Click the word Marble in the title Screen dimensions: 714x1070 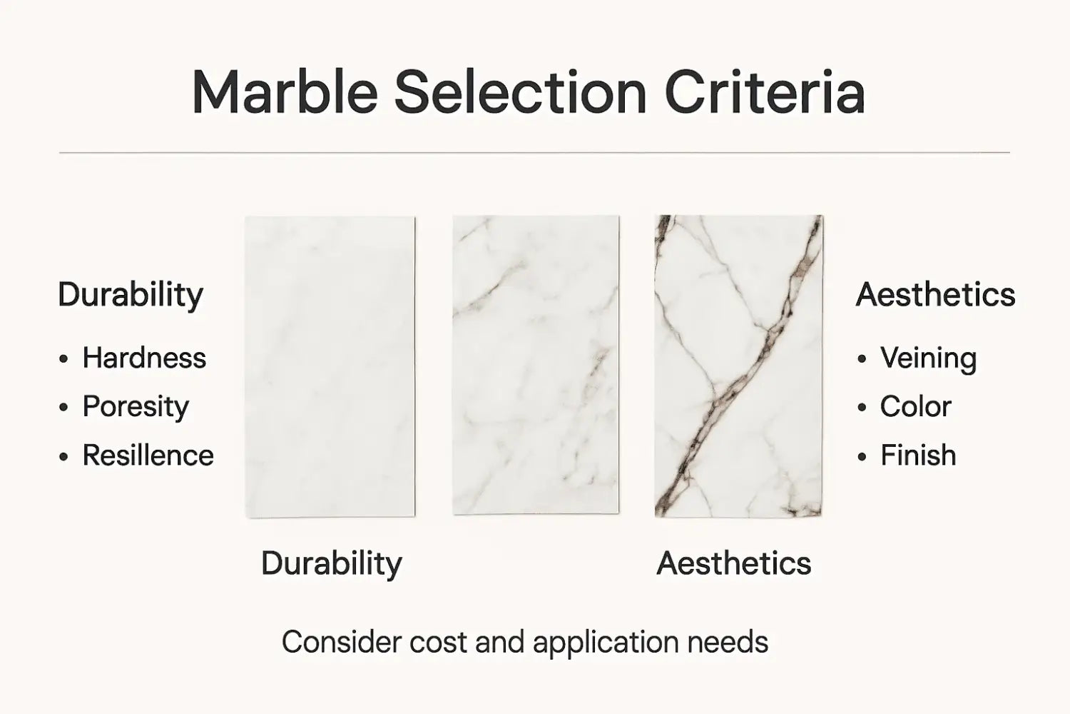(284, 93)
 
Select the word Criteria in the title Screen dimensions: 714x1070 (765, 93)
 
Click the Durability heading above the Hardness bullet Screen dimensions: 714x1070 (131, 295)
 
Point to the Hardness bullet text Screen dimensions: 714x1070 (144, 358)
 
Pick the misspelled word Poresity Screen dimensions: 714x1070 (136, 407)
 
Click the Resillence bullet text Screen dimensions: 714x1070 (148, 456)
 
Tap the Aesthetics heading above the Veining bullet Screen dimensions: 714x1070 (935, 295)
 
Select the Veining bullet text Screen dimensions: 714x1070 (928, 358)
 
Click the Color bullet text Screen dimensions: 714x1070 (915, 407)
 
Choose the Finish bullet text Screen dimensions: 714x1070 (918, 456)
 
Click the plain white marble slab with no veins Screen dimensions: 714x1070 (330, 366)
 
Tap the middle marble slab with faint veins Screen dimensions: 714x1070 (536, 365)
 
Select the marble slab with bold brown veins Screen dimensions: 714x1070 (739, 366)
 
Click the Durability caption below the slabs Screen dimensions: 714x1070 (331, 563)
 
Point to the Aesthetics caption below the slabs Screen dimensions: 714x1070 (733, 563)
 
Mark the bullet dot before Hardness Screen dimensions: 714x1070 (64, 358)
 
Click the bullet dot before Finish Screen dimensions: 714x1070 (862, 456)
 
